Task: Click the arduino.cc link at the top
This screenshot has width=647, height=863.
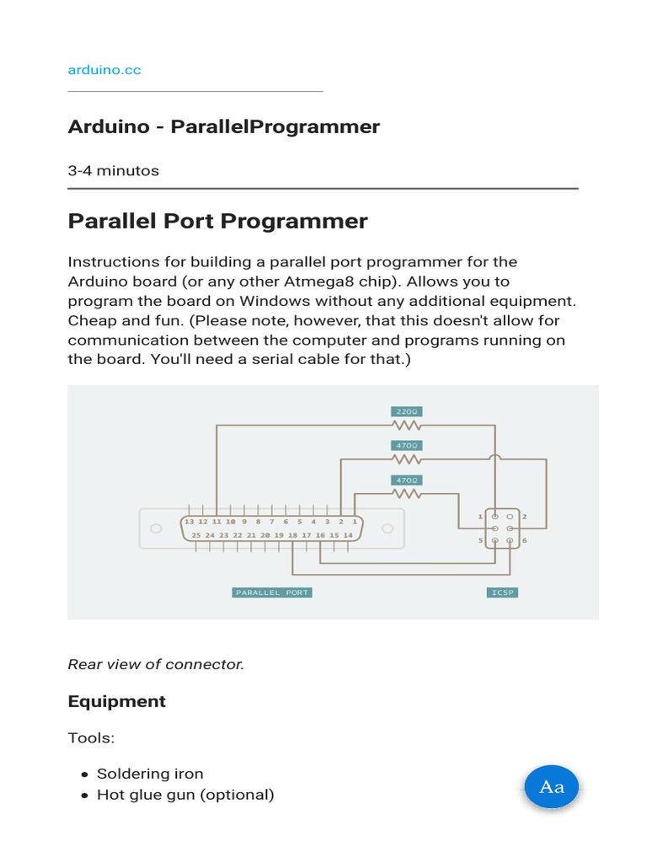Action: [x=104, y=70]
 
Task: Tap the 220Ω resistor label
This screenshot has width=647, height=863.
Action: [x=406, y=411]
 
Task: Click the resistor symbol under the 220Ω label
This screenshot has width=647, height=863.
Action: [x=406, y=425]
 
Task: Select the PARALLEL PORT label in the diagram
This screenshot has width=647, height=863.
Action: [x=272, y=592]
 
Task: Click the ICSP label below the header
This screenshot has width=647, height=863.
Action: [x=503, y=592]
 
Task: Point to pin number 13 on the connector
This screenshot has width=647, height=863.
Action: [x=190, y=522]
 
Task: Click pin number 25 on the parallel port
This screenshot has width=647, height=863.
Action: [x=196, y=535]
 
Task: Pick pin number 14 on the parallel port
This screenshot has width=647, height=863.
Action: [x=348, y=535]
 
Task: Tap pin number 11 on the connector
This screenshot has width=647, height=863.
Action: [x=217, y=522]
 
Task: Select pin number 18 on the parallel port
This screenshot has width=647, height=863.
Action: [x=292, y=535]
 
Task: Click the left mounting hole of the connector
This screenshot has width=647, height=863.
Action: [x=156, y=528]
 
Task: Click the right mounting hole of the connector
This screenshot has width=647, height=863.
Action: [x=388, y=528]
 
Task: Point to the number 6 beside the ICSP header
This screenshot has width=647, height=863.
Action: [x=525, y=540]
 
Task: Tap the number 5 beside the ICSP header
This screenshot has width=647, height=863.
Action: [x=481, y=540]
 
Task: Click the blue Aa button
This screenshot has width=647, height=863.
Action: [x=551, y=787]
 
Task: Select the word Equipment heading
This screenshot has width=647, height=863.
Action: [x=116, y=701]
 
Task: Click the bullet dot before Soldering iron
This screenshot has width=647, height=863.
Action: [x=84, y=775]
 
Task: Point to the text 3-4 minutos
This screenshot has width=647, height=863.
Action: [x=113, y=170]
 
